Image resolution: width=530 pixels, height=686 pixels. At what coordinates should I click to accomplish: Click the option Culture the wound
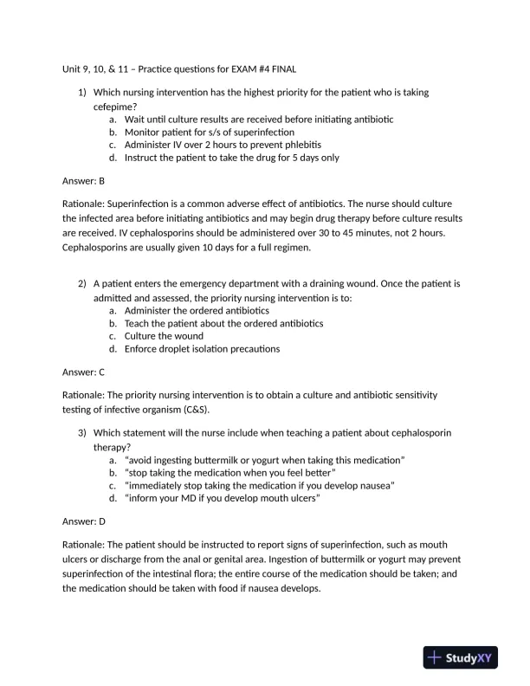click(164, 335)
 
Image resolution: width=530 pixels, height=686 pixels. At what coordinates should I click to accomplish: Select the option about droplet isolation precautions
click(202, 349)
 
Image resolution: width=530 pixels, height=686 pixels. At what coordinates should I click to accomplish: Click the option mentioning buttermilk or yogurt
click(264, 459)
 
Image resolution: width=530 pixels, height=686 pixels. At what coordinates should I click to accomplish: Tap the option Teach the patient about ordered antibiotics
click(223, 322)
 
